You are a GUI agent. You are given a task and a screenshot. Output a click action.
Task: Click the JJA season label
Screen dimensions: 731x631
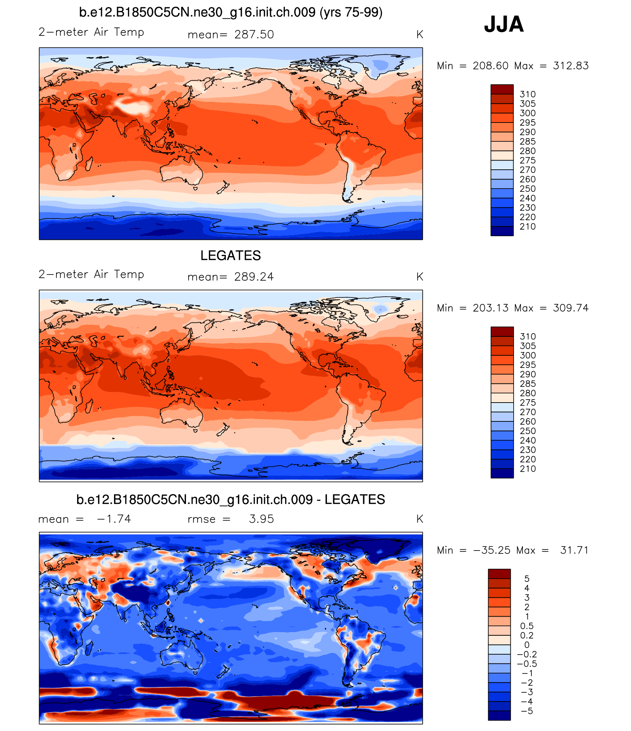point(504,24)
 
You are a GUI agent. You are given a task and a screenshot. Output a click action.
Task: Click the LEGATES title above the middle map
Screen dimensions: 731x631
point(231,255)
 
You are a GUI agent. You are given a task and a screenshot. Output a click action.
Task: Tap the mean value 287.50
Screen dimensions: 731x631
point(254,35)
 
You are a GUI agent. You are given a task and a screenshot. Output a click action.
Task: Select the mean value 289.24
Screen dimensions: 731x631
point(254,277)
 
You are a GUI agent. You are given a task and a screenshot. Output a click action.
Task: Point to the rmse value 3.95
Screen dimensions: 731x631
point(261,519)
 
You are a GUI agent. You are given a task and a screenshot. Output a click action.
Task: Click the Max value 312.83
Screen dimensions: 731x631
point(570,66)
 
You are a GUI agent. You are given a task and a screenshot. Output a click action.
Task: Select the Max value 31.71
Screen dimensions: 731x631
point(574,550)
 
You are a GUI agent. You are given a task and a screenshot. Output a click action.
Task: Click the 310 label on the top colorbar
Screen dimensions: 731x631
point(527,94)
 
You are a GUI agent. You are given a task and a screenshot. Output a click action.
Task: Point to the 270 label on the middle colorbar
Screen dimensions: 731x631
point(528,412)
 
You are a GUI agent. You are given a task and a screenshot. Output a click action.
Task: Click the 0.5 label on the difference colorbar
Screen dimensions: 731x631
point(527,626)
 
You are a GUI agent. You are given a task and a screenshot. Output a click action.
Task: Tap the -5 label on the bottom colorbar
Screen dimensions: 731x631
point(528,711)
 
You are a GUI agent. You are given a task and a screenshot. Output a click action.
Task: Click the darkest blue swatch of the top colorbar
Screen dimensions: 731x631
point(502,231)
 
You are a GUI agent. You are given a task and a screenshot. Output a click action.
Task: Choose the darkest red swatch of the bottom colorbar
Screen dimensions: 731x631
point(499,574)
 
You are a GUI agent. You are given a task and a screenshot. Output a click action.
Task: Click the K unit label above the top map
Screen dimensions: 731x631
point(420,35)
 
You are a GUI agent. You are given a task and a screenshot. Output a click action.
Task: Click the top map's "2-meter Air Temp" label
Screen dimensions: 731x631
point(91,32)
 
